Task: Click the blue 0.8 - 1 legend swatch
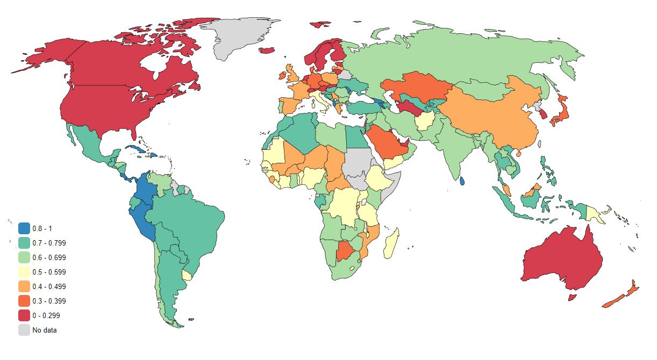(x=24, y=228)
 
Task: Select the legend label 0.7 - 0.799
(x=49, y=243)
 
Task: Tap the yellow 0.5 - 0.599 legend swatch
(x=24, y=272)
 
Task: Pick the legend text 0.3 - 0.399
(x=49, y=301)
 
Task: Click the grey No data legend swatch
(x=24, y=330)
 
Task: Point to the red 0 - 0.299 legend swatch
(x=24, y=315)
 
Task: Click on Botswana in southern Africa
(x=346, y=251)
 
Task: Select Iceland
(x=267, y=51)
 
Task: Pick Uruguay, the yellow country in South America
(x=187, y=275)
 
